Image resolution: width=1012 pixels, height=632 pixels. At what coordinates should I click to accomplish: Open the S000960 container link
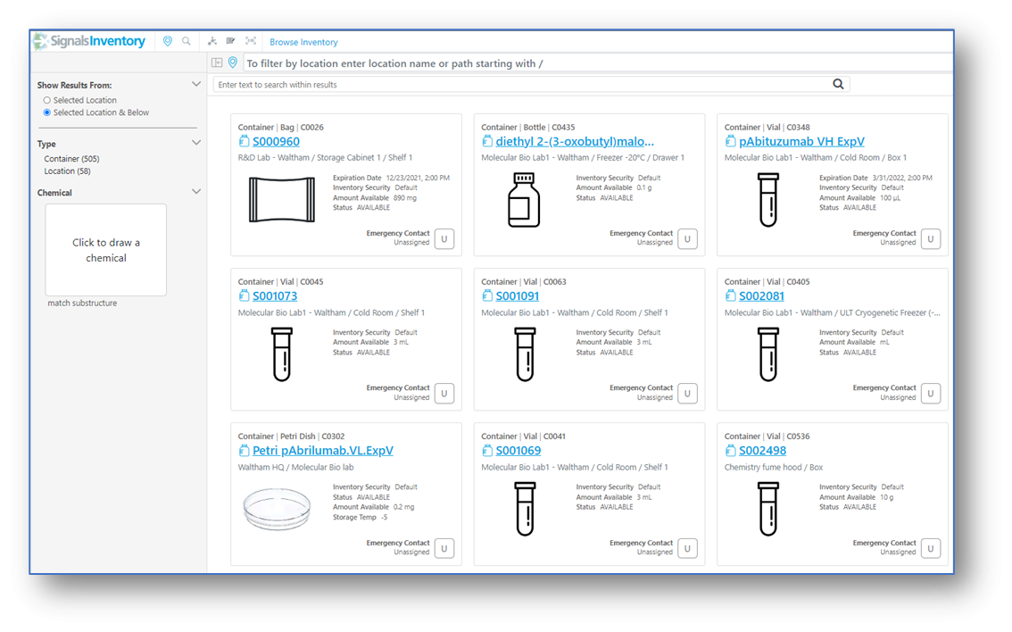point(276,141)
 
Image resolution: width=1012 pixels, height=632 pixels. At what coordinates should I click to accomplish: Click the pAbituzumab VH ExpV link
point(801,141)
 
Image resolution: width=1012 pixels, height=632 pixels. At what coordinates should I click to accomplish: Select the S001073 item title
point(275,296)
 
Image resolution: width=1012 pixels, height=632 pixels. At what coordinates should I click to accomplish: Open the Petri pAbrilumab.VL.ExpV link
point(323,451)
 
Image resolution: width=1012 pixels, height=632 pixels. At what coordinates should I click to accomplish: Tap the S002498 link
point(762,451)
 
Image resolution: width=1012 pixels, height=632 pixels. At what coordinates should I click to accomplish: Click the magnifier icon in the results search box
point(838,84)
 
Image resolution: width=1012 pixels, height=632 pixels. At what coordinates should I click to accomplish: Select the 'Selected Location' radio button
point(47,100)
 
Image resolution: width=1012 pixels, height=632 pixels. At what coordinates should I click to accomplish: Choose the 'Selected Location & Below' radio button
point(47,112)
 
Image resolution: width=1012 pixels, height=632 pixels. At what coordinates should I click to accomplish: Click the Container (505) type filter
point(71,159)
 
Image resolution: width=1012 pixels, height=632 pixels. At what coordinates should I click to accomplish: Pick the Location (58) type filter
point(67,171)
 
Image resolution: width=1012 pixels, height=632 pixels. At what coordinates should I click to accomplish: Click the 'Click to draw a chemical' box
point(106,250)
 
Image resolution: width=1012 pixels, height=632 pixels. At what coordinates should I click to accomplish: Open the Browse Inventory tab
point(303,42)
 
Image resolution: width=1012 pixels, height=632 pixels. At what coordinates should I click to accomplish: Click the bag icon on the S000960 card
point(282,200)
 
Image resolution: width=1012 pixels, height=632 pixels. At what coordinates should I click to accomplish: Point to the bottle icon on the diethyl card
point(524,199)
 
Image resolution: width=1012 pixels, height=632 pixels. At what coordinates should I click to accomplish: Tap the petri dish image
point(277,509)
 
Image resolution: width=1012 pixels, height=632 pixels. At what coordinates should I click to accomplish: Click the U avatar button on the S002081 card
point(931,393)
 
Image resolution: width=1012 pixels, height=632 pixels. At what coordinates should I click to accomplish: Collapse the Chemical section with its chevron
point(196,192)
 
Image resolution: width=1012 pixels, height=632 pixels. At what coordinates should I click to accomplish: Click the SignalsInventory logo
point(90,41)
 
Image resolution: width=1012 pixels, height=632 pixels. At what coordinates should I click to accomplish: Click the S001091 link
point(517,296)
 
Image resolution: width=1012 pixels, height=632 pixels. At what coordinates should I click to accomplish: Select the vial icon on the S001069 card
point(525,509)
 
